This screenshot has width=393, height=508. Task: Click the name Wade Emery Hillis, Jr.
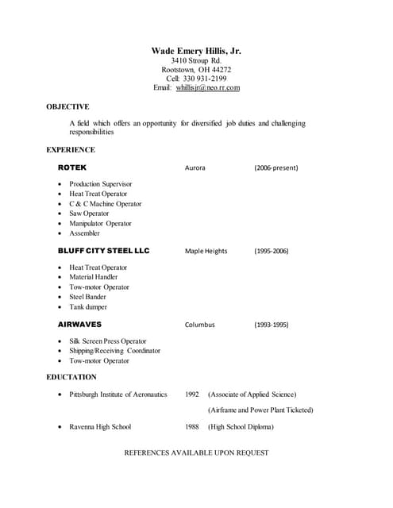pyautogui.click(x=196, y=51)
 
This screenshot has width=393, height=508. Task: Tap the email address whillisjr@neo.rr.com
pyautogui.click(x=208, y=87)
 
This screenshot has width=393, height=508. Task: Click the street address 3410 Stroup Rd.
pyautogui.click(x=196, y=60)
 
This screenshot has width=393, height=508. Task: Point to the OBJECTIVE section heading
pyautogui.click(x=67, y=106)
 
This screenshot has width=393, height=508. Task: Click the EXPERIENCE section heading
pyautogui.click(x=71, y=149)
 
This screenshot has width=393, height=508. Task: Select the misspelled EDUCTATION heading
pyautogui.click(x=71, y=377)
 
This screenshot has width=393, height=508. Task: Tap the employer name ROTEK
pyautogui.click(x=72, y=168)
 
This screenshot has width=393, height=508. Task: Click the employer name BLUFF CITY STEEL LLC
pyautogui.click(x=103, y=251)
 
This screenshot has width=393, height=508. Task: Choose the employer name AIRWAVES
pyautogui.click(x=79, y=325)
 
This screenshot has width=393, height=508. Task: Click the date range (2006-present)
pyautogui.click(x=276, y=168)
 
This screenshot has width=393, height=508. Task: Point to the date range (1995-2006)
pyautogui.click(x=272, y=251)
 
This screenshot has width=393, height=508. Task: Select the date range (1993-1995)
pyautogui.click(x=272, y=325)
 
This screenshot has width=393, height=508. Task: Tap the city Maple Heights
pyautogui.click(x=206, y=251)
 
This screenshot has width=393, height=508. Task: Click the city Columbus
pyautogui.click(x=199, y=325)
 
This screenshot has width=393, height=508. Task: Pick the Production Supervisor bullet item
pyautogui.click(x=101, y=184)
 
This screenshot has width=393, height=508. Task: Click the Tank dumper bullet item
pyautogui.click(x=88, y=307)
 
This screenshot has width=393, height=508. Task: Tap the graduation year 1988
pyautogui.click(x=192, y=427)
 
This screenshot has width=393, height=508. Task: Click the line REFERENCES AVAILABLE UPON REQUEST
pyautogui.click(x=197, y=452)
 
